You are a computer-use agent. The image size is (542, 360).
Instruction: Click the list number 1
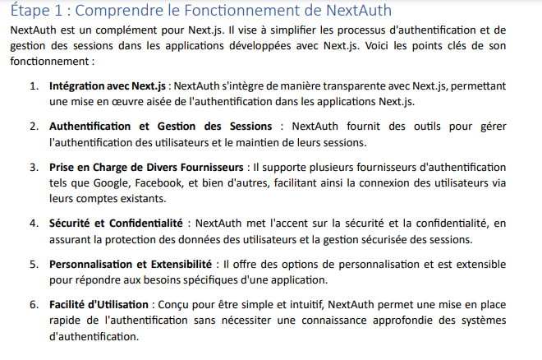coord(34,85)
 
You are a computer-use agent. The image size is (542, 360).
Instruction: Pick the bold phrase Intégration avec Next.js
coord(108,85)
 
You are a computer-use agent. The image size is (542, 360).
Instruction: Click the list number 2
coord(34,126)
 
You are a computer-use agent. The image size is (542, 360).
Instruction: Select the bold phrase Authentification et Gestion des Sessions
coord(160,126)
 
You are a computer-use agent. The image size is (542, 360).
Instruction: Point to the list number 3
coord(34,167)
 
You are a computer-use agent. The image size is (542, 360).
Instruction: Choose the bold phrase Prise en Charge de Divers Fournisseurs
coord(146,167)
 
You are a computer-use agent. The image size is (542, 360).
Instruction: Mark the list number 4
coord(34,223)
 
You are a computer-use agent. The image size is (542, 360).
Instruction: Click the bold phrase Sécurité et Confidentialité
coord(117,223)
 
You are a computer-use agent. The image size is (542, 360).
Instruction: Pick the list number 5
coord(34,264)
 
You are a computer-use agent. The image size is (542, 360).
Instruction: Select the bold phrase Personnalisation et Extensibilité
coord(129,264)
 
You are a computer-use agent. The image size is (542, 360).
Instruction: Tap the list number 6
coord(34,305)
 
